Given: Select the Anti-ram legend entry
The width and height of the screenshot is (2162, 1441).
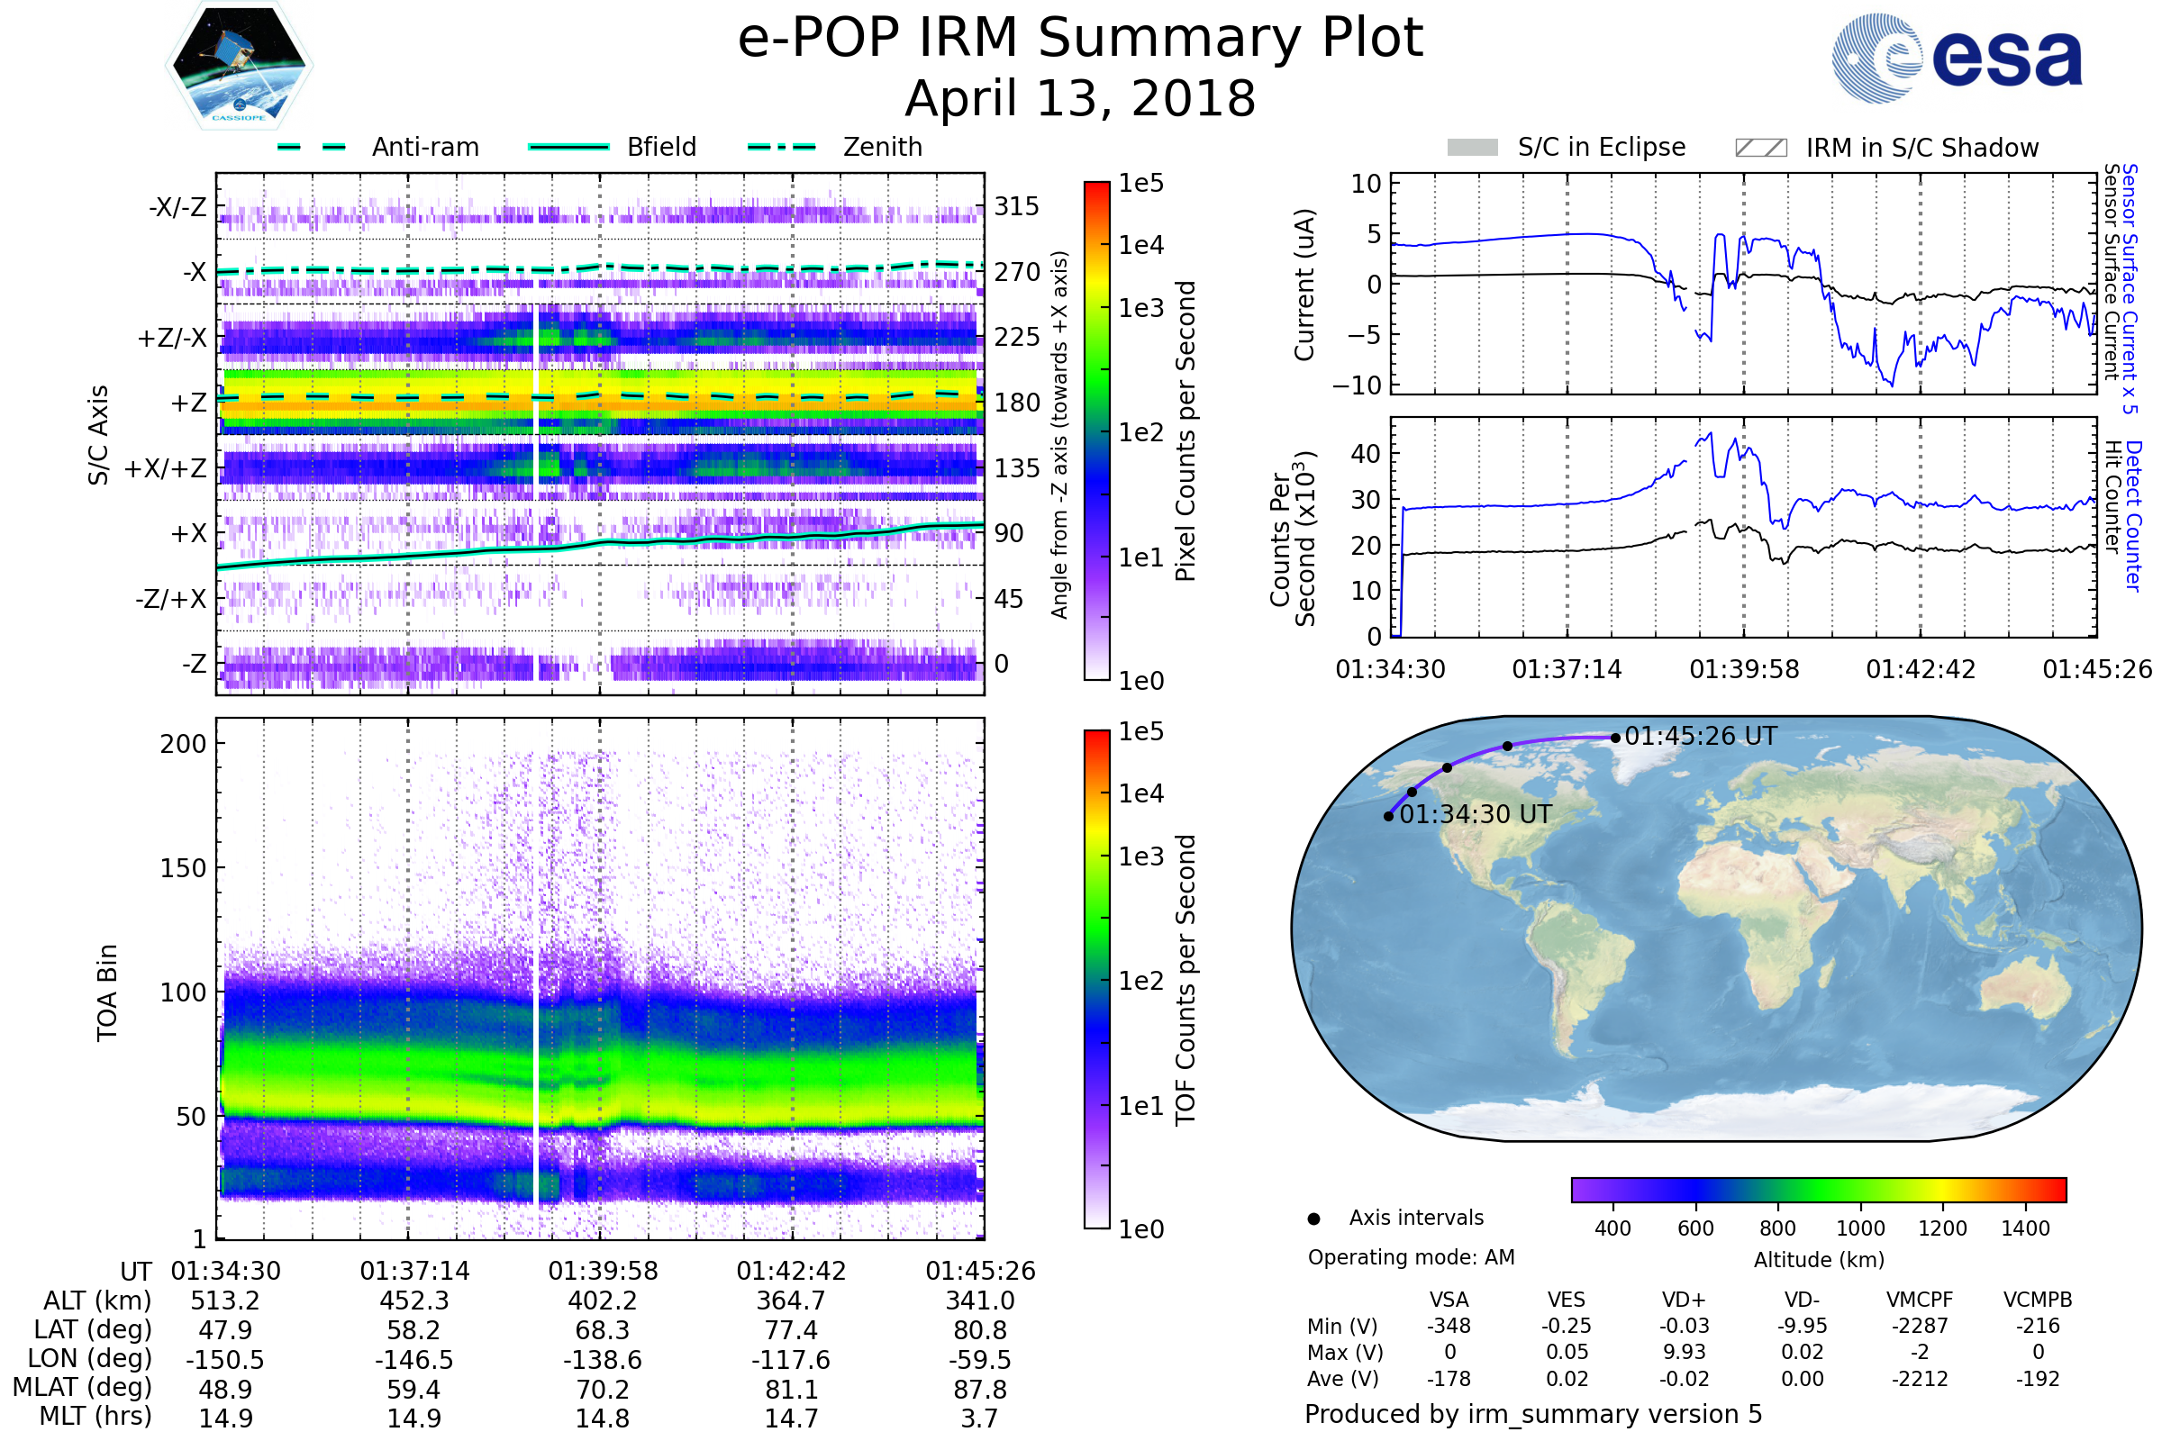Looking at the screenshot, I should pos(424,147).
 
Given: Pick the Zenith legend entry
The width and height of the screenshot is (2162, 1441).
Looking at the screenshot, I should pos(882,147).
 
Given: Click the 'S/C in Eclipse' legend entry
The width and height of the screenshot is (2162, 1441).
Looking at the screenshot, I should pos(1601,147).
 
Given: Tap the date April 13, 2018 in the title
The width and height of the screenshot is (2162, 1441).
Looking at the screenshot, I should pos(1080,99).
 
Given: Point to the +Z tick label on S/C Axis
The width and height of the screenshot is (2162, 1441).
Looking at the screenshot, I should pos(188,403).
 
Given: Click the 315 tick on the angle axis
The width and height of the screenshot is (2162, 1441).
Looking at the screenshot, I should pos(1016,206).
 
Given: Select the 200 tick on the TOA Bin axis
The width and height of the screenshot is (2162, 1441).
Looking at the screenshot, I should pos(183,744).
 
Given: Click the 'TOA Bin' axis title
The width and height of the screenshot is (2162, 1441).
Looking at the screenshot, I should pos(106,992).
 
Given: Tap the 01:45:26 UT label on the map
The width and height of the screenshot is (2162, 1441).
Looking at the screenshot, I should pos(1700,736).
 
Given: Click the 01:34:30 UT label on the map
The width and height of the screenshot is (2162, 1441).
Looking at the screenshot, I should pos(1475,814).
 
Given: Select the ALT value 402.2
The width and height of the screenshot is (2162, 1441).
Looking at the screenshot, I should pos(602,1301).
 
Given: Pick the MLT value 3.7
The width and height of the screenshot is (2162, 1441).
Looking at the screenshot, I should pos(979,1418).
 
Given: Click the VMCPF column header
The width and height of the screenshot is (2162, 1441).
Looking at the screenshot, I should pos(1920,1300).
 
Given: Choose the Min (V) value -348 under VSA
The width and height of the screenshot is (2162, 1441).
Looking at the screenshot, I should pos(1449,1325).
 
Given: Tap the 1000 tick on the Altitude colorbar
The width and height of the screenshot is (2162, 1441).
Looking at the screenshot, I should pos(1859,1228).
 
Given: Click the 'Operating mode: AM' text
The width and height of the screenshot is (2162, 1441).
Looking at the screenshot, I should pos(1410,1257).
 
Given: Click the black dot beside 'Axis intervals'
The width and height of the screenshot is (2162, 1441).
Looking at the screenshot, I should pos(1313,1219).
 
